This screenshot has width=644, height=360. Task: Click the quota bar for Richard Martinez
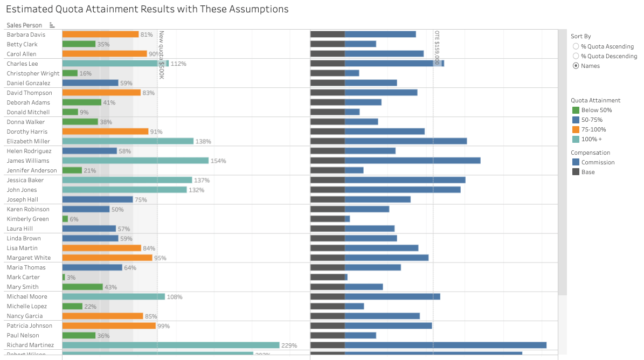pyautogui.click(x=171, y=345)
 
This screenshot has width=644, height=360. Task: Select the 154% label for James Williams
pyautogui.click(x=218, y=161)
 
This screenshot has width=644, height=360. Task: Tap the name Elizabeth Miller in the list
pyautogui.click(x=28, y=141)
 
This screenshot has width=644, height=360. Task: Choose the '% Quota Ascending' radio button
pyautogui.click(x=576, y=46)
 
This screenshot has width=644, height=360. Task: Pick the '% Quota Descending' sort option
pyautogui.click(x=576, y=56)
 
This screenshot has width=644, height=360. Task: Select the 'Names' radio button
pyautogui.click(x=576, y=66)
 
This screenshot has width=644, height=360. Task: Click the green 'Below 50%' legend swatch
pyautogui.click(x=576, y=110)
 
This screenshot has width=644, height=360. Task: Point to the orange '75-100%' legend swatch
pyautogui.click(x=576, y=129)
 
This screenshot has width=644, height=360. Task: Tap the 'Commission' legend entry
pyautogui.click(x=598, y=162)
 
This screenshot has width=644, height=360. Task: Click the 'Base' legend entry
pyautogui.click(x=588, y=172)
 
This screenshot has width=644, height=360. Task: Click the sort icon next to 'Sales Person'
pyautogui.click(x=52, y=25)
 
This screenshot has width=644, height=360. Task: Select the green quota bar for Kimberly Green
pyautogui.click(x=65, y=219)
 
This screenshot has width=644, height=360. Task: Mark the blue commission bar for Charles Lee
pyautogui.click(x=393, y=64)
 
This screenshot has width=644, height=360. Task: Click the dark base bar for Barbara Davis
pyautogui.click(x=328, y=34)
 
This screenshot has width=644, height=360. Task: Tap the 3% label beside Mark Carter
pyautogui.click(x=71, y=278)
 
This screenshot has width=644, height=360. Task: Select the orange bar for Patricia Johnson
pyautogui.click(x=109, y=326)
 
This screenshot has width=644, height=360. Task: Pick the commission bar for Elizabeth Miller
pyautogui.click(x=406, y=141)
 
